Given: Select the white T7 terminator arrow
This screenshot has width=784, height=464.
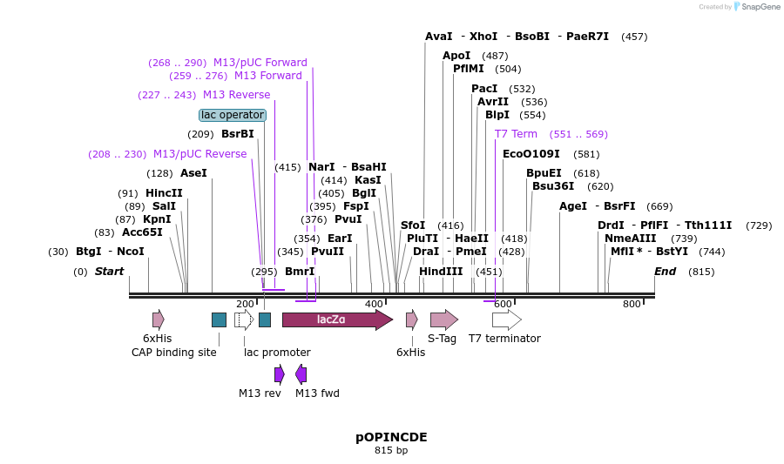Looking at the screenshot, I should coord(506,319).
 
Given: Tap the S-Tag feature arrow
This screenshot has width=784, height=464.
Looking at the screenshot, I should coord(443,319).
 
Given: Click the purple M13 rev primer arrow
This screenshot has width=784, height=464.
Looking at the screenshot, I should coord(279,374).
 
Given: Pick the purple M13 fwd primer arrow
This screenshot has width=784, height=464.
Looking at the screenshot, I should coord(301,374).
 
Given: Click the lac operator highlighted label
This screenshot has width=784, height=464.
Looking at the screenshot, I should coord(232,115).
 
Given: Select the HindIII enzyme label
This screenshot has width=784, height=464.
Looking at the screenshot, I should coord(441,272).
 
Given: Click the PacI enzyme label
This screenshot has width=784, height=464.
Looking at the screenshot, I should coord(484,89).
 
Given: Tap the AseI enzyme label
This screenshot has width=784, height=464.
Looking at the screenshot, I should coord(193,173).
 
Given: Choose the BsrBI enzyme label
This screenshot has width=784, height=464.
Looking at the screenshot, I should coord(237,134).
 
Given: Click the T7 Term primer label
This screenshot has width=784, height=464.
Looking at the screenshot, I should coord(516,134).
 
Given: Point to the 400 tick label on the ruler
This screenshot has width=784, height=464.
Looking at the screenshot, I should coord(374,304).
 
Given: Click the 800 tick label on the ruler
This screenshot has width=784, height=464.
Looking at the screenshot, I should coord(632,304).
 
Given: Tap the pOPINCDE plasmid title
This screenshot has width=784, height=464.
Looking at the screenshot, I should coord(391,436).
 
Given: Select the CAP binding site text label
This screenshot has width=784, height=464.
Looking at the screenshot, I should coord(174,353).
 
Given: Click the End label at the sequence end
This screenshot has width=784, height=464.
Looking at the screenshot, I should coord(665,272).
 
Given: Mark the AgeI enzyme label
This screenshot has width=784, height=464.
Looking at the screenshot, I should coord(572,206).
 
